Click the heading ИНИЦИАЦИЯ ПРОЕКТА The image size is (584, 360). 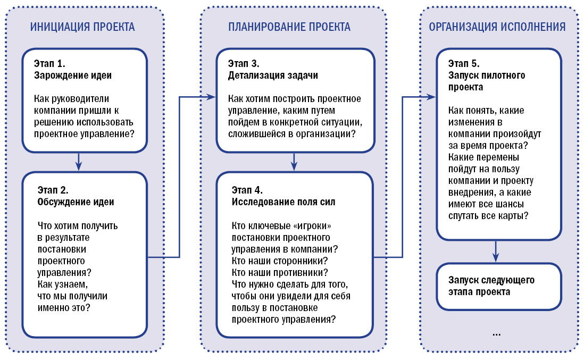click(82, 27)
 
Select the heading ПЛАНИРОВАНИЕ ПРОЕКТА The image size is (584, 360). click(289, 27)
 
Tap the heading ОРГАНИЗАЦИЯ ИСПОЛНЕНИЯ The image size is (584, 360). click(497, 27)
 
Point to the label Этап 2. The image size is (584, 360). click(54, 190)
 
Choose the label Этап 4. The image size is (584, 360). click(247, 190)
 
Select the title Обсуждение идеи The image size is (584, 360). click(76, 202)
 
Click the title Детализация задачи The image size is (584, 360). click(273, 75)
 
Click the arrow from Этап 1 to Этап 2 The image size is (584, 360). click(79, 161)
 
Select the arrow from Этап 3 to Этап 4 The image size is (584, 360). click(294, 161)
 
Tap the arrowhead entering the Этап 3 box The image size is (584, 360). click(212, 97)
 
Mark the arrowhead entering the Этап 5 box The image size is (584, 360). click(432, 97)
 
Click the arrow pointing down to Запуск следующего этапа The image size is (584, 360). click(496, 250)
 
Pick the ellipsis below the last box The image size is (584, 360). click(496, 334)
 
